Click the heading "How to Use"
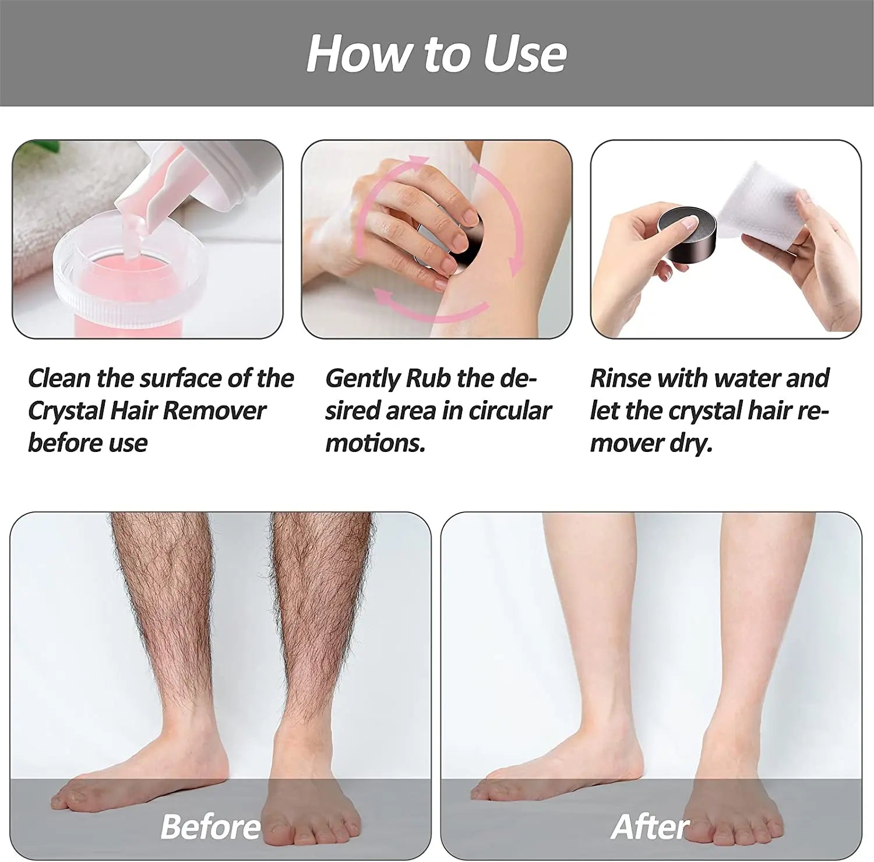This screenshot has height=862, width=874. click(436, 53)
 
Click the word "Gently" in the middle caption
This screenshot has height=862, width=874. click(361, 379)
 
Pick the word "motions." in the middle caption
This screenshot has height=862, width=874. click(375, 444)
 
